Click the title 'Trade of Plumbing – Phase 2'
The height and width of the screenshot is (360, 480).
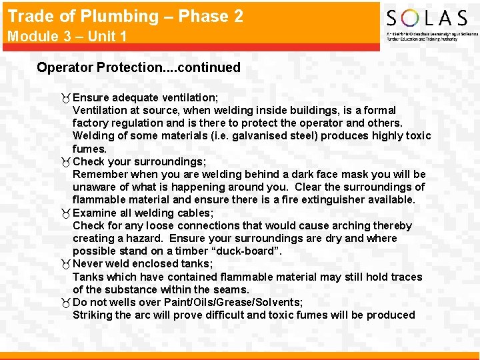tap(125, 16)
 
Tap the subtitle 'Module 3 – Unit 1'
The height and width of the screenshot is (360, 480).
tap(67, 36)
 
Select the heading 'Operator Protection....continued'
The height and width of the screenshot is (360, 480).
tap(139, 67)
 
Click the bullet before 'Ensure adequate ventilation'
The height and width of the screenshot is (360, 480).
tap(65, 97)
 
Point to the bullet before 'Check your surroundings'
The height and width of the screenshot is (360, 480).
tap(65, 162)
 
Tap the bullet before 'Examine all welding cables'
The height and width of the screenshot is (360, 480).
tap(65, 213)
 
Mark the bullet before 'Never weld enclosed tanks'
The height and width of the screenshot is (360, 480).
tap(65, 264)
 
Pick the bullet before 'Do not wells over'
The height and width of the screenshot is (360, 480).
tap(65, 303)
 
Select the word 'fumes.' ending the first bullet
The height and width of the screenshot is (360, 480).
tap(89, 149)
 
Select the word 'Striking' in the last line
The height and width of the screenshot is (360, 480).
tap(93, 315)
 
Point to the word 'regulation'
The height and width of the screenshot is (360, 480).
tap(139, 123)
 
